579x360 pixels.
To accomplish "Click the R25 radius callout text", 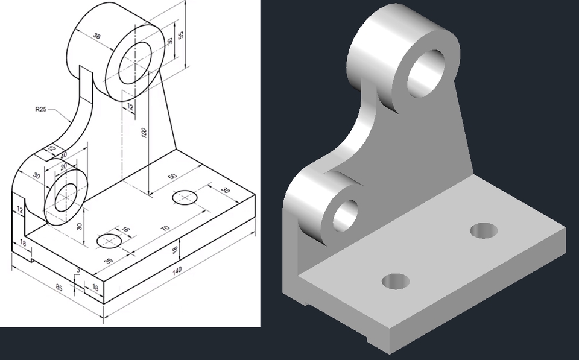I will (41, 110).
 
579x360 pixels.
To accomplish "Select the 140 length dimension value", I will (177, 271).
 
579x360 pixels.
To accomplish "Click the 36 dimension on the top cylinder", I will (97, 36).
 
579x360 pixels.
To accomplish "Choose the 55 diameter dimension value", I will (181, 35).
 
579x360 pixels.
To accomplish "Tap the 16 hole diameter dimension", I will (126, 229).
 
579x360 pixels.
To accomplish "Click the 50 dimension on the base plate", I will (172, 175).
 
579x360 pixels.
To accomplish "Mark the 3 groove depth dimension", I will (78, 271).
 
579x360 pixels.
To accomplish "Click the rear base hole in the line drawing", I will (185, 197).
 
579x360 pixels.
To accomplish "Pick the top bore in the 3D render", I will (426, 72).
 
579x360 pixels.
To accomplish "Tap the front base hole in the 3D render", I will (396, 280).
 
